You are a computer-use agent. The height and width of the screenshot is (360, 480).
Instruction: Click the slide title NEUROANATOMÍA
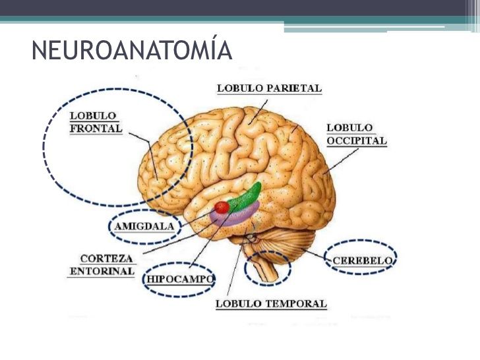click(132, 50)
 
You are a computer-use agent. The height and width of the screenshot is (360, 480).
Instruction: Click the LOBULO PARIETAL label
click(269, 88)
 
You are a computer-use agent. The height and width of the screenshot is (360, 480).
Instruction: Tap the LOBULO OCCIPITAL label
click(357, 134)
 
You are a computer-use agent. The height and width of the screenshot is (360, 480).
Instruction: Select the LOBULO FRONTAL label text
click(96, 122)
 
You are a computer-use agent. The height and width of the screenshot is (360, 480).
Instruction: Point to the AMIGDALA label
click(144, 226)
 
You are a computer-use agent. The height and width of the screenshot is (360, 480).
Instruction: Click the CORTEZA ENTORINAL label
click(102, 265)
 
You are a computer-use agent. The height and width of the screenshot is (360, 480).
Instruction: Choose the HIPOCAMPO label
click(180, 279)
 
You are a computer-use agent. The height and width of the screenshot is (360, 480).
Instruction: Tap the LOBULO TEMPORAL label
click(271, 304)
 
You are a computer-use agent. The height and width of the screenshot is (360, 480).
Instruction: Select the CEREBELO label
click(362, 260)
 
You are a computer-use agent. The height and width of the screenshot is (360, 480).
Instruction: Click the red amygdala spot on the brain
click(222, 207)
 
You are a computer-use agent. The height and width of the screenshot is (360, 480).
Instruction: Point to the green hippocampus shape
click(245, 196)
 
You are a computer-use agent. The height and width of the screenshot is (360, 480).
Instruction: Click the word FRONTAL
click(96, 129)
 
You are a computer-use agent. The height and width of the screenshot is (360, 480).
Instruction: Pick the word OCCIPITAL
click(357, 140)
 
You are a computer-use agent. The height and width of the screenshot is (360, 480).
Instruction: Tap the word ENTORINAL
click(102, 271)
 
